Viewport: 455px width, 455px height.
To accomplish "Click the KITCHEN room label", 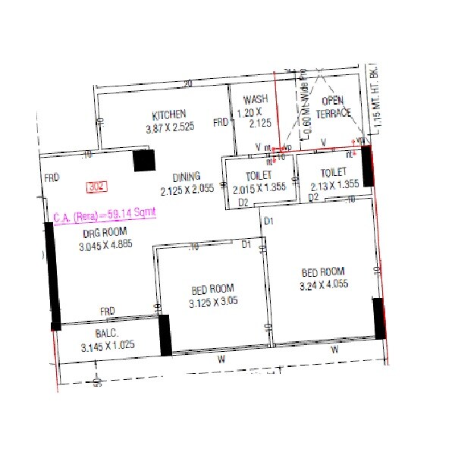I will coord(168,115).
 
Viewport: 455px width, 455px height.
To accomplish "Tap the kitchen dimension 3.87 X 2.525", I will coord(170,127).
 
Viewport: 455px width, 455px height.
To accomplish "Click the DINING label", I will coord(186,177).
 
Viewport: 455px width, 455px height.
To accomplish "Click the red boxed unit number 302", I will coord(96,186).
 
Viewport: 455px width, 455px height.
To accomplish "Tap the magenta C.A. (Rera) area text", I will coord(105,214).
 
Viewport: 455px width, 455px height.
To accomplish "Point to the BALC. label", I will coord(106,334).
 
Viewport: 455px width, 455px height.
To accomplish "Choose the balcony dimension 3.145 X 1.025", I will coord(106,347).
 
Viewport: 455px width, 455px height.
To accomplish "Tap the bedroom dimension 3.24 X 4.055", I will coord(324,285).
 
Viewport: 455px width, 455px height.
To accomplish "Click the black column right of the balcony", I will coord(165,335).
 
